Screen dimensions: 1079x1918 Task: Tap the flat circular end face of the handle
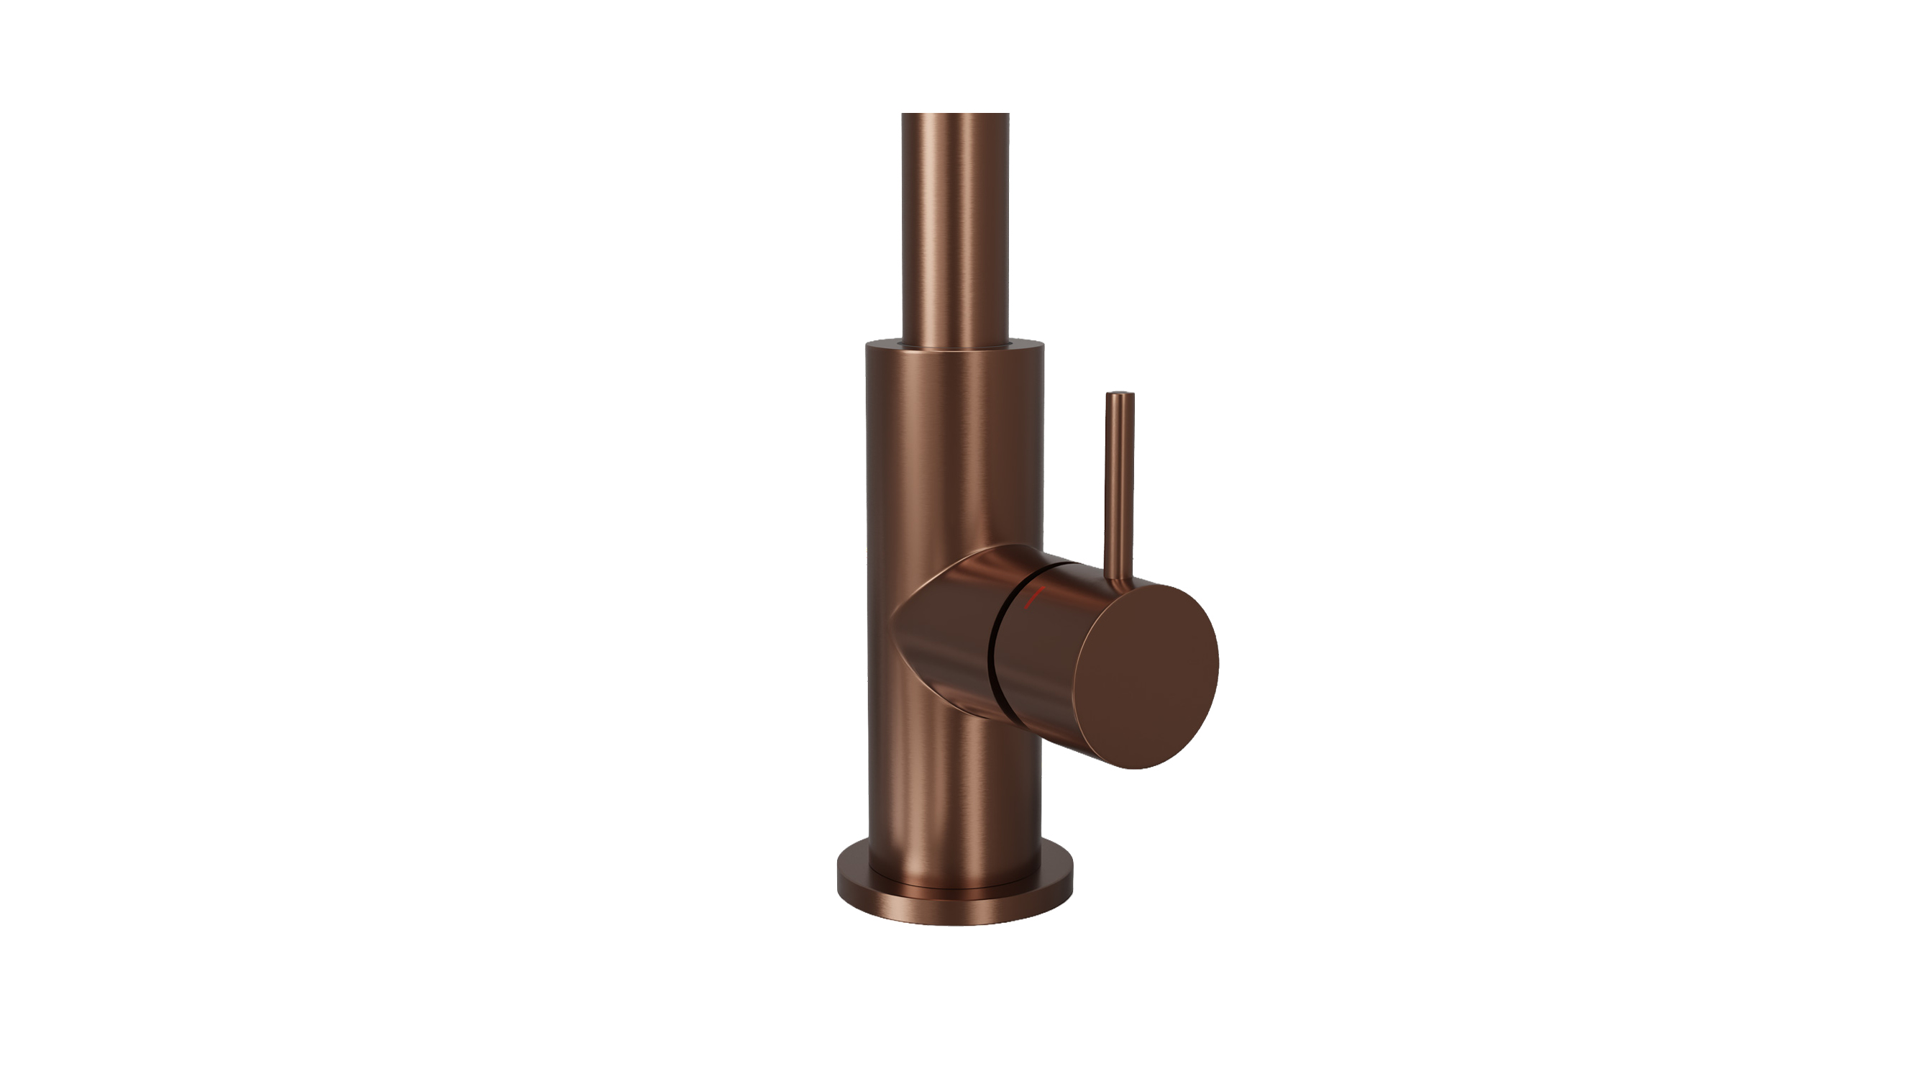click(1147, 676)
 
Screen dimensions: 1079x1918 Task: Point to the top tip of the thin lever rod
click(1120, 394)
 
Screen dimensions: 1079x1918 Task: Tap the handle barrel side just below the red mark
click(1042, 655)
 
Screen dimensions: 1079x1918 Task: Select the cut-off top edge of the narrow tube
click(955, 114)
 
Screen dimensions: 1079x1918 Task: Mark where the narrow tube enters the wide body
click(955, 344)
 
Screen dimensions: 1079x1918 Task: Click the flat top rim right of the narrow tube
click(1028, 345)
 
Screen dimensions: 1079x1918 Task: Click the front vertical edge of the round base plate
click(955, 912)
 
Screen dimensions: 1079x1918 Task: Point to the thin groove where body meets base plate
click(955, 888)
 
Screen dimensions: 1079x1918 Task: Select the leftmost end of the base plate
click(839, 883)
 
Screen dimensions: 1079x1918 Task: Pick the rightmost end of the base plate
click(1072, 883)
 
